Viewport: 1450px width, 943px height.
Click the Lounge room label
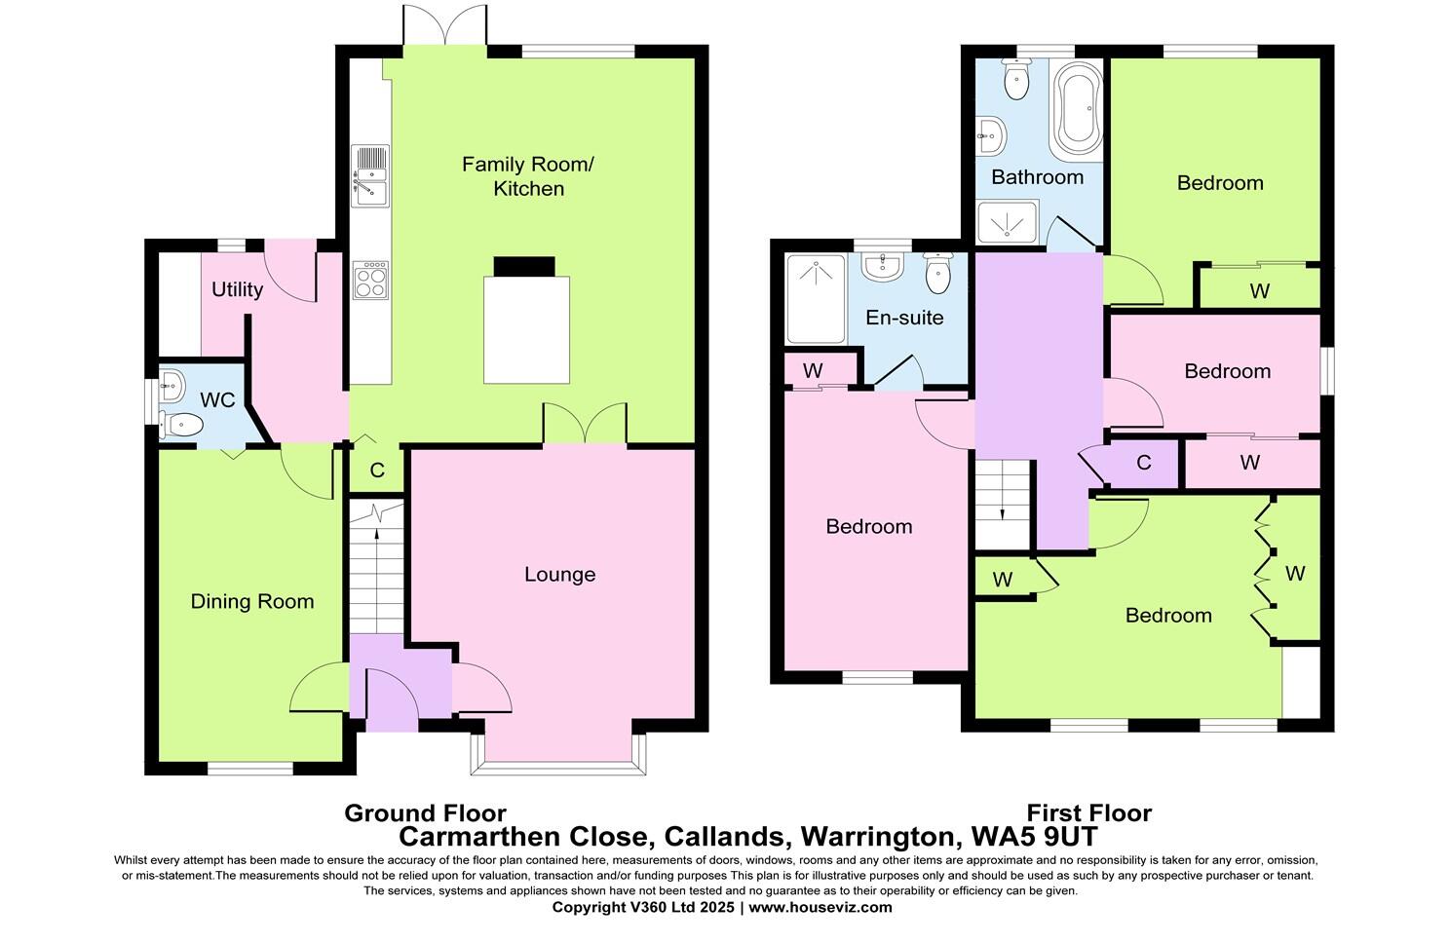559,575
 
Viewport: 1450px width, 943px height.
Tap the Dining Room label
251,602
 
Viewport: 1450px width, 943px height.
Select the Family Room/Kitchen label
528,176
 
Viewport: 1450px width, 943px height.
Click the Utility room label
237,289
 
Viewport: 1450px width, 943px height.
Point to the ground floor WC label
216,400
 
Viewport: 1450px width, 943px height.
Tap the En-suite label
904,318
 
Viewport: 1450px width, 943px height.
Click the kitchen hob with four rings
369,281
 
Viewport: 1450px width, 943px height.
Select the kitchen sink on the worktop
370,176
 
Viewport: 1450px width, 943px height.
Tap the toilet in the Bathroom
1015,80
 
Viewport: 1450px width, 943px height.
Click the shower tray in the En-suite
816,299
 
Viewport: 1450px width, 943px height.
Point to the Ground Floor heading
425,813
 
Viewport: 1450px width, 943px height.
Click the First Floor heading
1088,813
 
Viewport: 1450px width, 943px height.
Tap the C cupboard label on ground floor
377,471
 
